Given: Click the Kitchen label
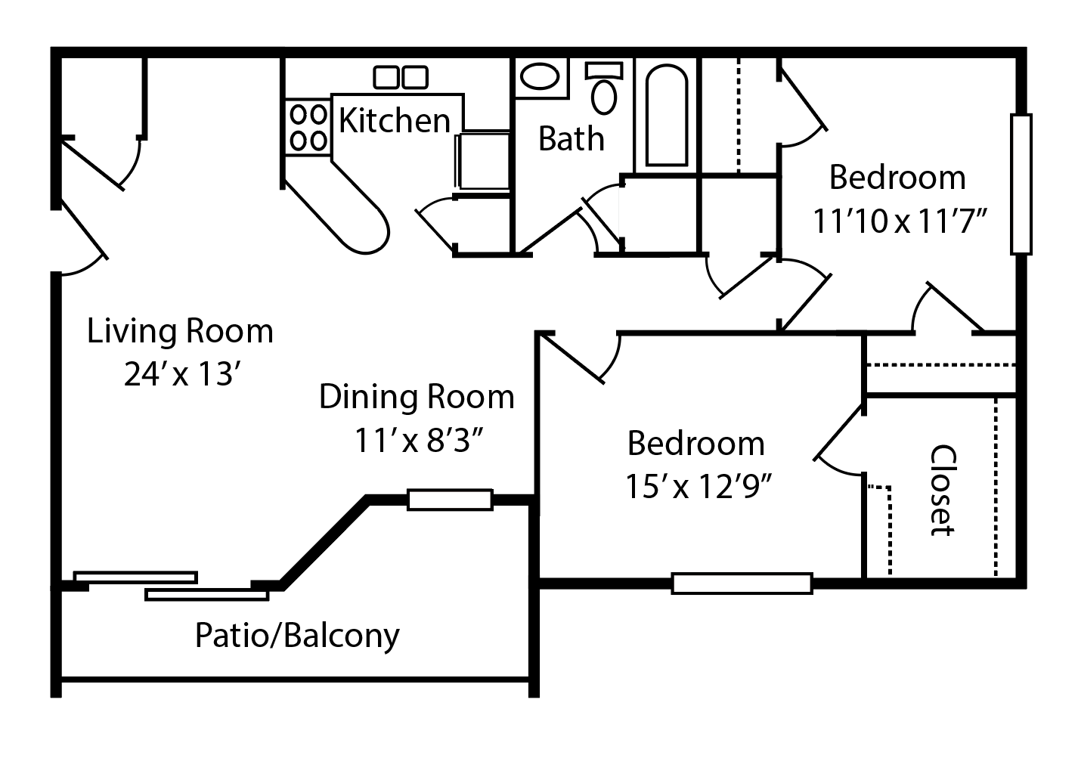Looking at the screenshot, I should click(x=394, y=120).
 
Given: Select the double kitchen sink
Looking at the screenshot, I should click(x=401, y=77).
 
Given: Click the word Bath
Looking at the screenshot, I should click(x=571, y=139).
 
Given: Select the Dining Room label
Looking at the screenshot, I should click(x=416, y=397).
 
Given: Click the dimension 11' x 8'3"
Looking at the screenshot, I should click(x=419, y=440).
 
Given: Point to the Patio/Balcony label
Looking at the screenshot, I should click(x=297, y=636).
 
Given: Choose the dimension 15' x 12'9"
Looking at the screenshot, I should click(x=696, y=487).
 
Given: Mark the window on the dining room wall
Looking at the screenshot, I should click(x=450, y=500).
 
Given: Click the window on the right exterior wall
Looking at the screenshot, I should click(x=1021, y=184).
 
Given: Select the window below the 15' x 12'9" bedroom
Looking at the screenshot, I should click(x=742, y=584).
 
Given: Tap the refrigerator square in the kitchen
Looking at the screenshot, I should click(x=482, y=160).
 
